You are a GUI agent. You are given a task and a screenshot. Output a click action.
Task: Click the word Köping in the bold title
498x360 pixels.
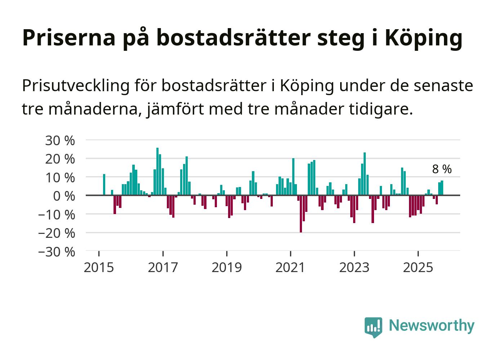point(423,38)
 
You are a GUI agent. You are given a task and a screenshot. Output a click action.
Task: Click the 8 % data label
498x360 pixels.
point(441,169)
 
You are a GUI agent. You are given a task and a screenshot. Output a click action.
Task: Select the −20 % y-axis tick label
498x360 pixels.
point(57,233)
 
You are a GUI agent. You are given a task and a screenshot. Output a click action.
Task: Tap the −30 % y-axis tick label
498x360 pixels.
point(57,252)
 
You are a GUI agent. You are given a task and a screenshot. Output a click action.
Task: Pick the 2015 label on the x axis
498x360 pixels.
point(98,268)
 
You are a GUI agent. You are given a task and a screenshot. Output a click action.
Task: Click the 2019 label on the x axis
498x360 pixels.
point(226,268)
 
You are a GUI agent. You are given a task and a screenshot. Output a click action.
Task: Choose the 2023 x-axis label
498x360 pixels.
point(354,268)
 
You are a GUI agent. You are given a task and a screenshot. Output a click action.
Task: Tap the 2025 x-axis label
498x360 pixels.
point(418,268)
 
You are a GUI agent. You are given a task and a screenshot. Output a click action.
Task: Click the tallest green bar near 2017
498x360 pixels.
point(157,171)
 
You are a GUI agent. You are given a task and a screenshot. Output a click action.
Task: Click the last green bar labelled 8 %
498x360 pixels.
point(442,188)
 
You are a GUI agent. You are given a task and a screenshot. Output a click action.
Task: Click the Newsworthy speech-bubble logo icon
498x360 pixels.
point(373,327)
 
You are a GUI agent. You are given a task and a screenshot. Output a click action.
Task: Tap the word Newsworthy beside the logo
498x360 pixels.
point(431,325)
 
